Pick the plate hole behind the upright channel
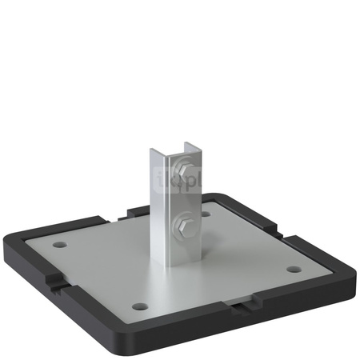(206, 214)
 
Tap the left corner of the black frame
(10, 238)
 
